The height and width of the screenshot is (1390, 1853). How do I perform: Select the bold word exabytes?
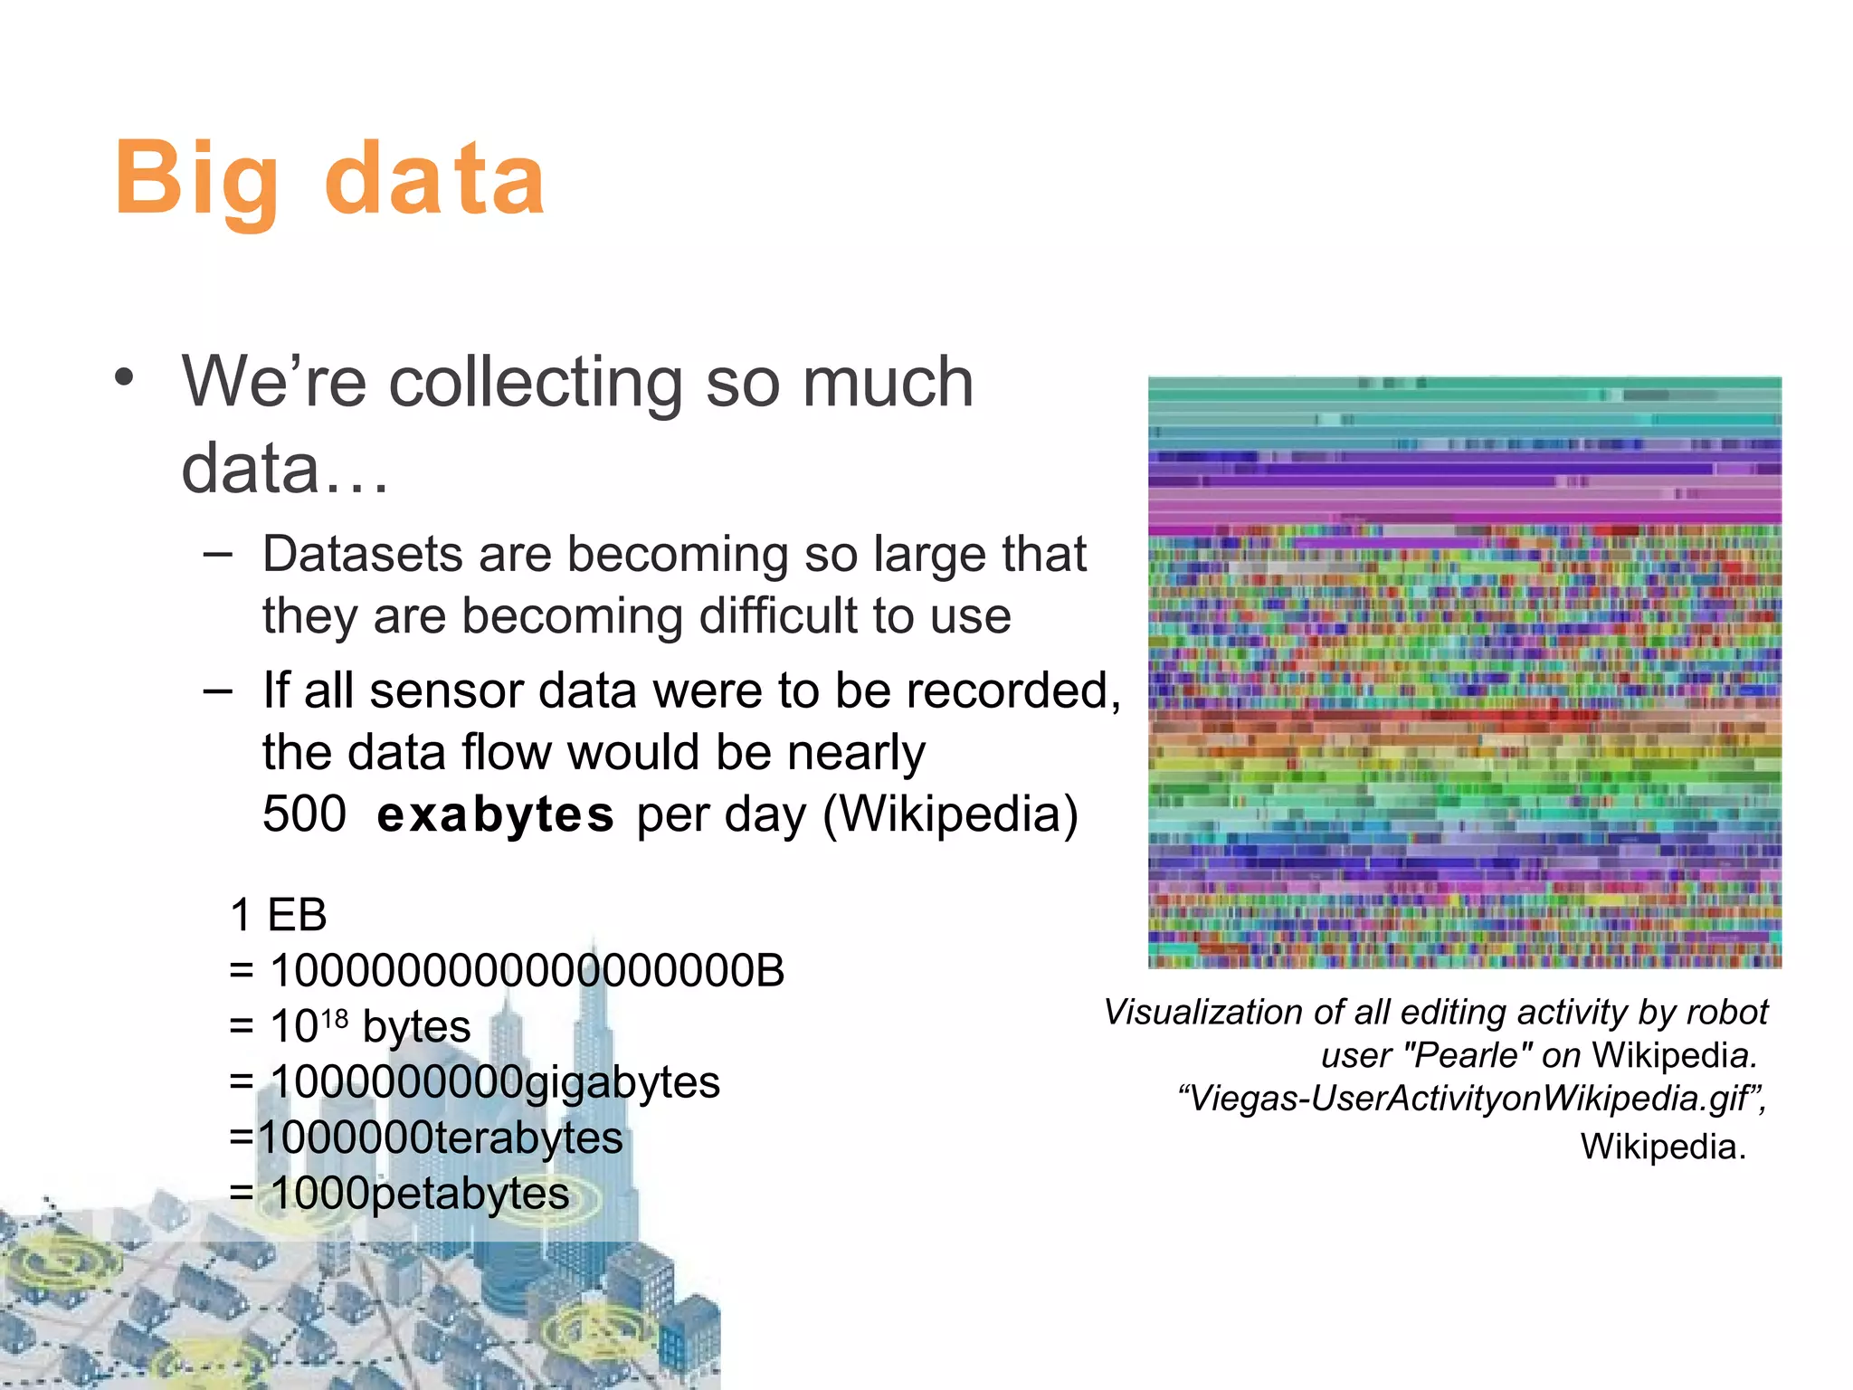point(496,814)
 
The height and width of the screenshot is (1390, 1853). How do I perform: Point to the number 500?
point(304,814)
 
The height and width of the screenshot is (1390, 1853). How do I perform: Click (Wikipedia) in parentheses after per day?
point(950,814)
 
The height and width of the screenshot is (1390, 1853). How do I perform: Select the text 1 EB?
point(278,915)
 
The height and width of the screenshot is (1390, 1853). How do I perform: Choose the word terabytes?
point(530,1138)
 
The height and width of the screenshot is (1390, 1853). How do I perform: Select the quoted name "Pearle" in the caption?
point(1465,1056)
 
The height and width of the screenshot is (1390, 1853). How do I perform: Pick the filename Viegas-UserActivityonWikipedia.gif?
point(1469,1099)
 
